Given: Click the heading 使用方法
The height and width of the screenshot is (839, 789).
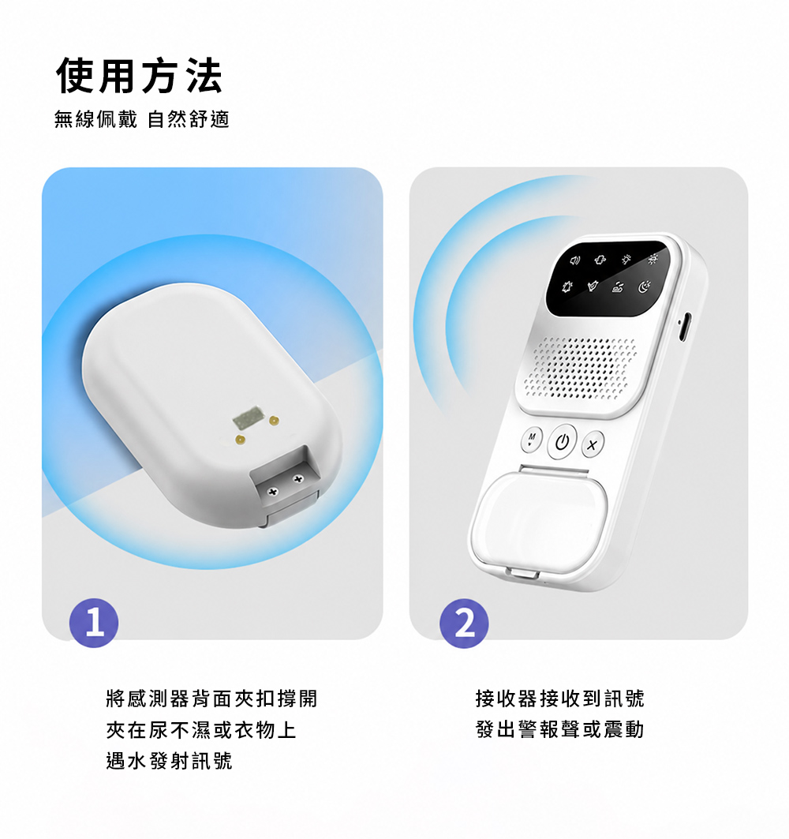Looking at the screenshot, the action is tap(139, 76).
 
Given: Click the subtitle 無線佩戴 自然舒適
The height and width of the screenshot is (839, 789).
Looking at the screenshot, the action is tap(142, 119).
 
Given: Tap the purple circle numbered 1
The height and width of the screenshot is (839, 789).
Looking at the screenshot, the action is tap(94, 623).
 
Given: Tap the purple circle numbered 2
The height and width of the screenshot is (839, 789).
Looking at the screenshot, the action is tap(464, 624).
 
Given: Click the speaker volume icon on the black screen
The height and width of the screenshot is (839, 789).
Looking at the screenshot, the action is tap(574, 260).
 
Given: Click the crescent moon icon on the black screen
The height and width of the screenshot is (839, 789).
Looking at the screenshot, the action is tap(645, 287).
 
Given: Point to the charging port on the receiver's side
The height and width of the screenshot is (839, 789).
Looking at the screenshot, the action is tap(685, 327).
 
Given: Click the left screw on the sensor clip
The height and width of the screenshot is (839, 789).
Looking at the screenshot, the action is tap(273, 491).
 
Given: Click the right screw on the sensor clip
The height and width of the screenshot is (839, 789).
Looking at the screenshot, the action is tap(298, 479).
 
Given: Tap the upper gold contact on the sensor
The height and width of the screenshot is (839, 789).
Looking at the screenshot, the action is tap(275, 421).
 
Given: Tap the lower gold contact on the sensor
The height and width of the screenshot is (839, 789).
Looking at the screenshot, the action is tap(240, 440).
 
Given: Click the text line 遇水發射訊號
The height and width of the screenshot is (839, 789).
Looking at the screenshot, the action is tap(169, 760).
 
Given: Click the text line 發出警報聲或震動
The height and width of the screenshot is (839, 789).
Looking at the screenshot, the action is tap(560, 729).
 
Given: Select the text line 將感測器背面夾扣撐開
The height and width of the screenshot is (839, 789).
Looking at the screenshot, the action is tap(211, 699).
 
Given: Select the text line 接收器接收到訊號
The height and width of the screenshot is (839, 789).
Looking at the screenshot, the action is tap(560, 699).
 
